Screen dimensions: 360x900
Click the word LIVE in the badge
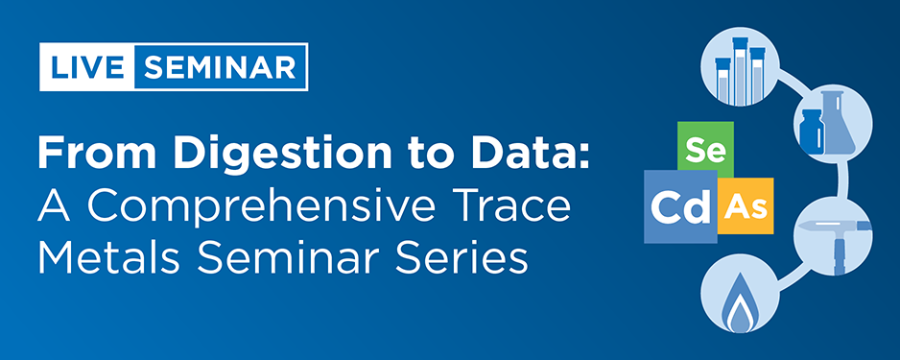click(x=86, y=68)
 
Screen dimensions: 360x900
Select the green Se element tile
click(x=705, y=151)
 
